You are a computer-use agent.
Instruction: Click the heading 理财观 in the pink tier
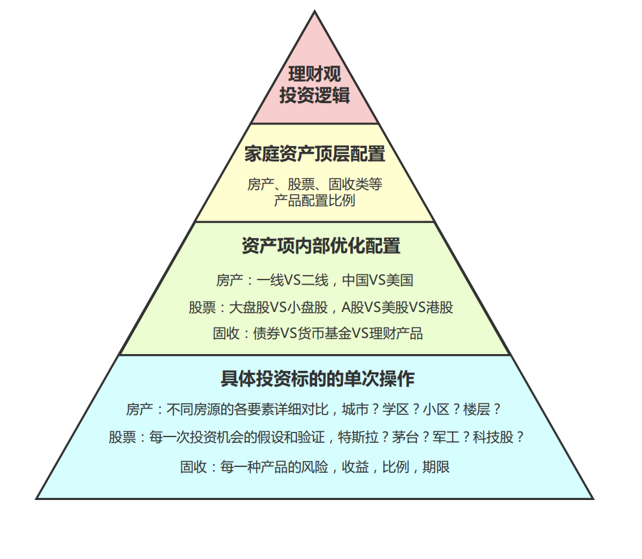tap(315, 74)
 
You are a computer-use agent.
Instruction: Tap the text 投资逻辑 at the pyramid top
tap(315, 95)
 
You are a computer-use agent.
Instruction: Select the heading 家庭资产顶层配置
tap(315, 154)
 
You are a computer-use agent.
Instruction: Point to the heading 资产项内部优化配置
tap(321, 246)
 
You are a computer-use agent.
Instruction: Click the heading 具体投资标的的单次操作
tap(318, 379)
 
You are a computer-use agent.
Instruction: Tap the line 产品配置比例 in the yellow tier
tap(315, 200)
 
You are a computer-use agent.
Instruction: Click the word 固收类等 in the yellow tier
tap(355, 184)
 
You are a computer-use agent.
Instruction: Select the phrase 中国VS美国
tap(377, 280)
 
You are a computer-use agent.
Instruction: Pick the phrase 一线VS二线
tap(292, 280)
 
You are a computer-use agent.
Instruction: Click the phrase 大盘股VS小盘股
tap(278, 307)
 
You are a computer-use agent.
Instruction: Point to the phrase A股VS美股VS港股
tap(397, 307)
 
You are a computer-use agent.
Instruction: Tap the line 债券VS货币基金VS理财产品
tap(338, 333)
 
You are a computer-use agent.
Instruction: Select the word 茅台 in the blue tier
tap(405, 437)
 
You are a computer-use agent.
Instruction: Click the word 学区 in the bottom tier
tap(396, 409)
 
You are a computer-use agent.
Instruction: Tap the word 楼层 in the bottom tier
tap(477, 409)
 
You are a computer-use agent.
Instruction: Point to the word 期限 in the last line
tap(436, 466)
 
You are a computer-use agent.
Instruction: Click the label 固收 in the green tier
tap(226, 333)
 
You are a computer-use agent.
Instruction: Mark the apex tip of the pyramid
tap(315, 11)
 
